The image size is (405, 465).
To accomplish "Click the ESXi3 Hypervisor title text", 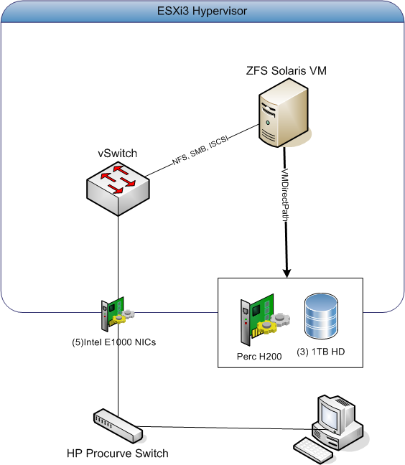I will point(202,11).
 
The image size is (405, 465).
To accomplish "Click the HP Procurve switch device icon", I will point(118,426).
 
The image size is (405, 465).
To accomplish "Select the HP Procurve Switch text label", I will point(117,453).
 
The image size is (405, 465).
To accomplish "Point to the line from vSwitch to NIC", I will point(118,251).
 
